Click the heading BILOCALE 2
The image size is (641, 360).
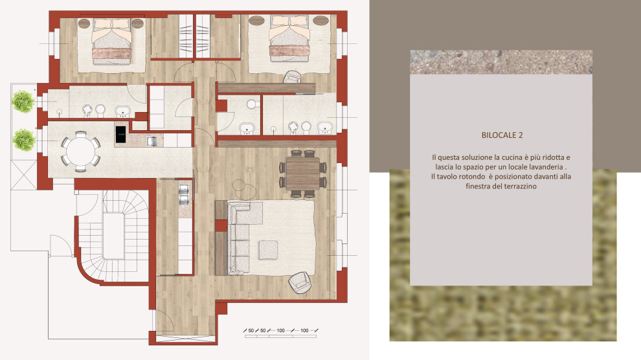pyautogui.click(x=502, y=135)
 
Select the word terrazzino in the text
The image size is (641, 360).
pyautogui.click(x=519, y=186)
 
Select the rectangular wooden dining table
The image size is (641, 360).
pyautogui.click(x=303, y=174)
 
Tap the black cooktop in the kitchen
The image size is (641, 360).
pyautogui.click(x=120, y=135)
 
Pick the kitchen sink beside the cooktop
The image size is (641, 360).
pyautogui.click(x=152, y=141)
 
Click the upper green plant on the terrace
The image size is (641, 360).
pyautogui.click(x=23, y=102)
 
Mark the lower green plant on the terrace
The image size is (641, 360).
pyautogui.click(x=24, y=140)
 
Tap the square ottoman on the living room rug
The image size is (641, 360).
pyautogui.click(x=268, y=250)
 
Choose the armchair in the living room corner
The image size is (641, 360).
pyautogui.click(x=300, y=282)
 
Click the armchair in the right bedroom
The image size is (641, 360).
pyautogui.click(x=293, y=77)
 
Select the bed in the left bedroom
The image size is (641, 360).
pyautogui.click(x=111, y=41)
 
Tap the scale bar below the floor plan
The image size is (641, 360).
pyautogui.click(x=280, y=333)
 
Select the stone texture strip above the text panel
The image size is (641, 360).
pyautogui.click(x=501, y=62)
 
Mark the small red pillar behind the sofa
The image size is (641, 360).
pyautogui.click(x=221, y=225)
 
